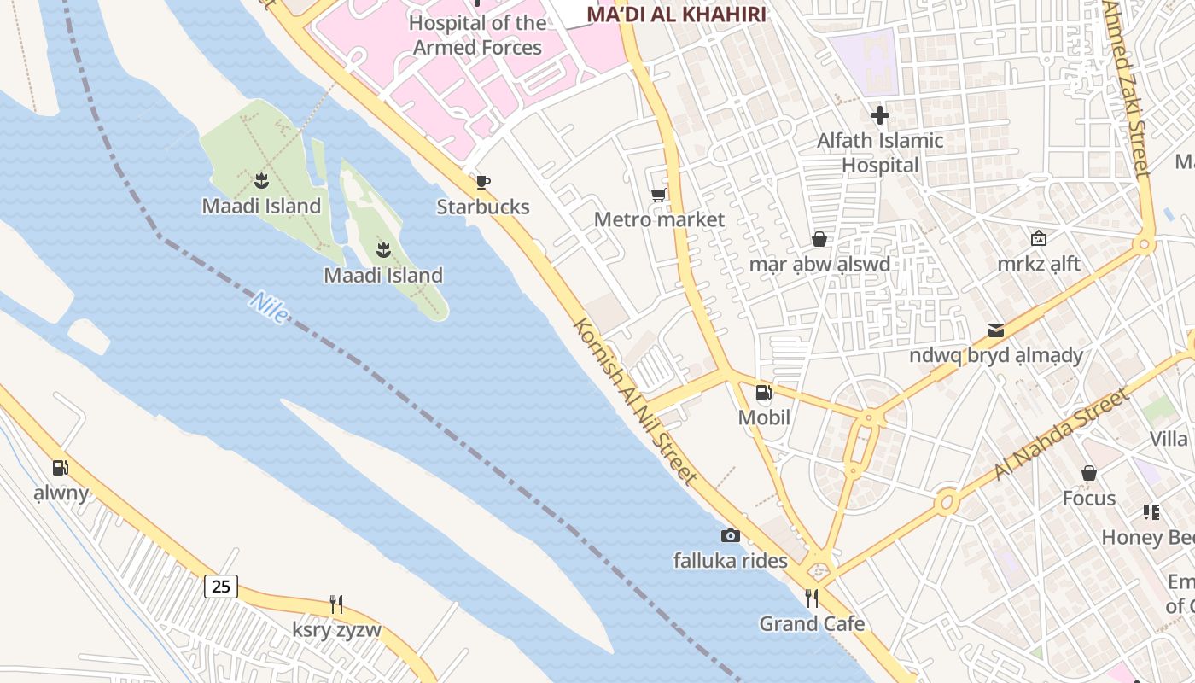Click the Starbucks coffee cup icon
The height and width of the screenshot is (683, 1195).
pos(483,181)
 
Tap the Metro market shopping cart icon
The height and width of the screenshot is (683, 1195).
pos(658,196)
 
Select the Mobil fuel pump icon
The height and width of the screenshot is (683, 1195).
pos(763,393)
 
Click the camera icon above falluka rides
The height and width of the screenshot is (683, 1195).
pos(730,535)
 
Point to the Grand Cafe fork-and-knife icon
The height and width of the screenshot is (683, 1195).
pos(812,598)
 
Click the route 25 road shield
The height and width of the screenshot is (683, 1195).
pos(221,587)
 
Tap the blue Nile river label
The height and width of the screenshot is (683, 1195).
pos(269,307)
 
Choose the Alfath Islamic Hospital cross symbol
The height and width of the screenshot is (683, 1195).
pos(880,115)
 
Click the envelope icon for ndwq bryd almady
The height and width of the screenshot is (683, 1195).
pos(995,330)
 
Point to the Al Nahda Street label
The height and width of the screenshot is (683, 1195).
pos(1062,434)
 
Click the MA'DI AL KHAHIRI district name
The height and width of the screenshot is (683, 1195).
pos(676,14)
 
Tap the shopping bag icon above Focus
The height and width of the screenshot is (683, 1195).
pos(1089,473)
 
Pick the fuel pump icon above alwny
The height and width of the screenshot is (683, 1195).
pos(60,468)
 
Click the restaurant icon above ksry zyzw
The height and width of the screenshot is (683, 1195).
pos(336,604)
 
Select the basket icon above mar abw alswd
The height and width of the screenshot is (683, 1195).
pos(819,239)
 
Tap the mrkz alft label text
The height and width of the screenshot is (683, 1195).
pos(1039,264)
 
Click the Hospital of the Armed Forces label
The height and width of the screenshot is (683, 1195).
pos(477,35)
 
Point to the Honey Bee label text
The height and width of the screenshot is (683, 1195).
pos(1147,537)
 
